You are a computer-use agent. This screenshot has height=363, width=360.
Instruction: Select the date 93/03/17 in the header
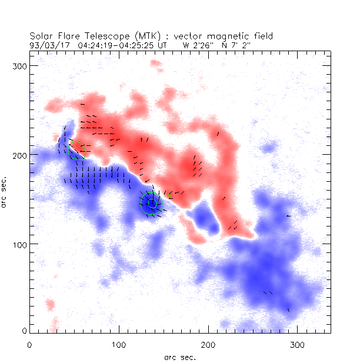[48, 44]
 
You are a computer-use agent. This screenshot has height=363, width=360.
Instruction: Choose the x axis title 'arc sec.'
[179, 357]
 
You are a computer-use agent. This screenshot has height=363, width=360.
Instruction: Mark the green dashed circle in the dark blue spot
[151, 204]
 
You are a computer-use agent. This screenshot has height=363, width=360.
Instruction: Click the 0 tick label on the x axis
[29, 344]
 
